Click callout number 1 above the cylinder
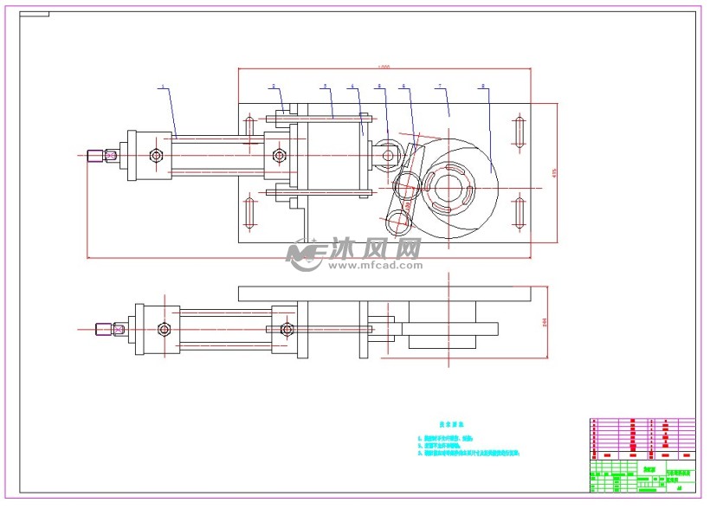(x=162, y=87)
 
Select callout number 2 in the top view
(x=274, y=87)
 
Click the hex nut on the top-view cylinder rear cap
(x=156, y=156)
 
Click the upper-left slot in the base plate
(x=249, y=128)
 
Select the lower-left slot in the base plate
(x=249, y=212)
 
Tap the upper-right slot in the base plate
(x=519, y=130)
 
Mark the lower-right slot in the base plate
(x=519, y=212)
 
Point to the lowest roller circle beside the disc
(x=399, y=223)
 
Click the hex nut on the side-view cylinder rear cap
(x=164, y=329)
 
